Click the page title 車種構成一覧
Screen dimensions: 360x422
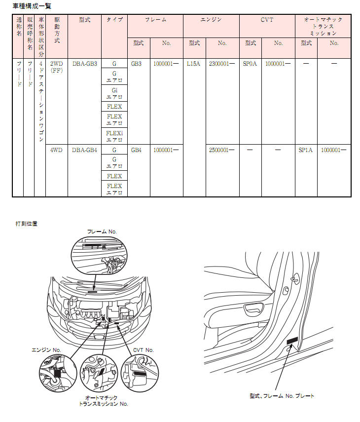click(x=32, y=6)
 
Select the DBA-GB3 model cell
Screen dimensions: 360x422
click(x=85, y=64)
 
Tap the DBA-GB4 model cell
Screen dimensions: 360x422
click(x=84, y=150)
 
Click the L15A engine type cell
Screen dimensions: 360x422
click(x=194, y=64)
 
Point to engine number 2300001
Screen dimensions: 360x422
click(x=222, y=64)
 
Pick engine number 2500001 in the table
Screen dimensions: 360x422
click(x=222, y=150)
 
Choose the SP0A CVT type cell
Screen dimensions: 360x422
click(x=250, y=64)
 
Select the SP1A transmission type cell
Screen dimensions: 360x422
click(x=305, y=150)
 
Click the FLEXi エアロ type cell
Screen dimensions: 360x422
click(x=114, y=136)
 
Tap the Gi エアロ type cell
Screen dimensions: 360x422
click(x=114, y=93)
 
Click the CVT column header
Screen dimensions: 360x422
click(x=267, y=20)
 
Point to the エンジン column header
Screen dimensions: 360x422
click(x=211, y=20)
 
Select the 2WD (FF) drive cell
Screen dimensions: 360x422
click(x=56, y=67)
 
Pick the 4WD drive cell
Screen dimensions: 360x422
click(x=56, y=150)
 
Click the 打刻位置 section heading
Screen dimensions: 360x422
click(x=26, y=224)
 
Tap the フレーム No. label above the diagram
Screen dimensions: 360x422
click(x=102, y=231)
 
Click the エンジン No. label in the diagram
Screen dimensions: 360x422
click(x=46, y=350)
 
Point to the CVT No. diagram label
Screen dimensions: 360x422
click(x=144, y=350)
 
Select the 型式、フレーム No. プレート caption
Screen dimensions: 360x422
click(x=282, y=396)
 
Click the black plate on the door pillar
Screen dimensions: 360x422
click(x=292, y=341)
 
